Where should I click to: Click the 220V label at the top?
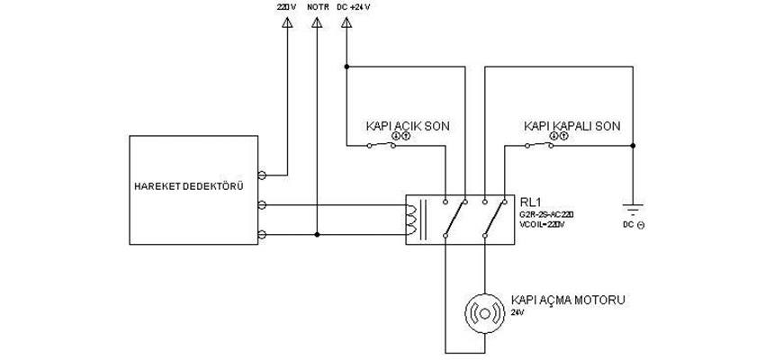(x=285, y=7)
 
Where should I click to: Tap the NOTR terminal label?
(x=318, y=7)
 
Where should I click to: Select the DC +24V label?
(x=352, y=7)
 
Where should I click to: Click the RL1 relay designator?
(x=530, y=202)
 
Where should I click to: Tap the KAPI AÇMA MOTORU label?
(x=567, y=300)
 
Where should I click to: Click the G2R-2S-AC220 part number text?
(x=545, y=214)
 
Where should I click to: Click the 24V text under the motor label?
(x=517, y=312)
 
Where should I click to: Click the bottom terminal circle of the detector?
(x=262, y=235)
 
